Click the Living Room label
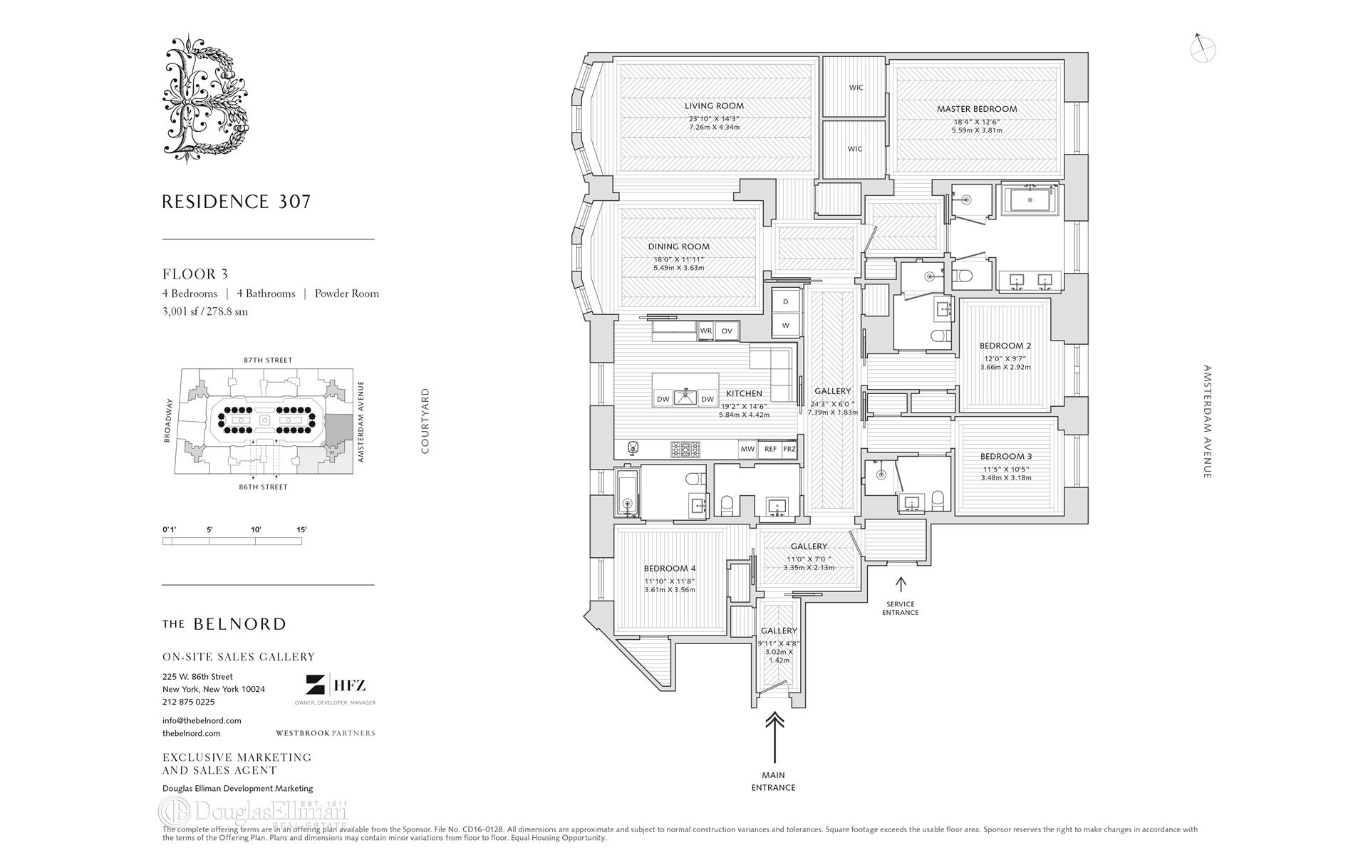[714, 106]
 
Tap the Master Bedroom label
[977, 109]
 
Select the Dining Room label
[678, 247]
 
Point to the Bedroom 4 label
[669, 569]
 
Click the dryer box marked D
[786, 302]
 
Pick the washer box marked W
[786, 326]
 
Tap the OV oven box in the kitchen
[727, 331]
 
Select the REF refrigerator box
[770, 450]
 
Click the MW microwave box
[747, 450]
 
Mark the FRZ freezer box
[789, 450]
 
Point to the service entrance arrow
[901, 585]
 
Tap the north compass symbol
[1203, 48]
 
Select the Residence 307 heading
[237, 202]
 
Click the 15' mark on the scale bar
[301, 530]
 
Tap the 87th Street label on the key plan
[268, 361]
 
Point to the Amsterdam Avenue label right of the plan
[1207, 422]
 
